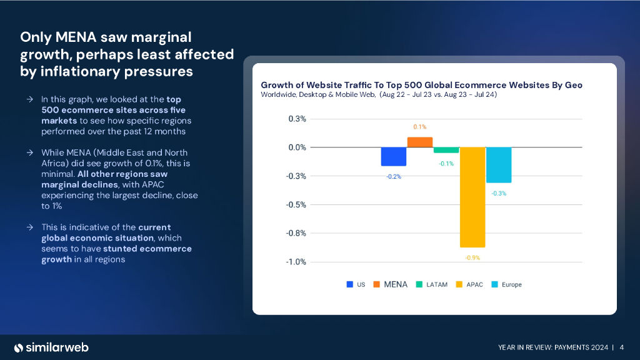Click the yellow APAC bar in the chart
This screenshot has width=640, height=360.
[472, 197]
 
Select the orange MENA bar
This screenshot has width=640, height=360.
[420, 142]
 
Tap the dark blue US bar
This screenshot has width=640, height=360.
[394, 156]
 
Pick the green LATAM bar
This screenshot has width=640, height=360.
[446, 150]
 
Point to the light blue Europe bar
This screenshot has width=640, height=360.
[499, 165]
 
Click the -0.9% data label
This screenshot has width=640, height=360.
[472, 257]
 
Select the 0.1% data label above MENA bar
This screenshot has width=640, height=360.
[420, 127]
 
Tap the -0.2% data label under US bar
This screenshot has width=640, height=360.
[394, 177]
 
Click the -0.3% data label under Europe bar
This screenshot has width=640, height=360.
[499, 193]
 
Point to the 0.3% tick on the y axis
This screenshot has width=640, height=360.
[297, 119]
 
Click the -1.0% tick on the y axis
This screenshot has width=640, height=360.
[296, 262]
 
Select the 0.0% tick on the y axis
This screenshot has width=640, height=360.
[297, 147]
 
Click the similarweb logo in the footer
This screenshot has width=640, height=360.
[52, 347]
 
